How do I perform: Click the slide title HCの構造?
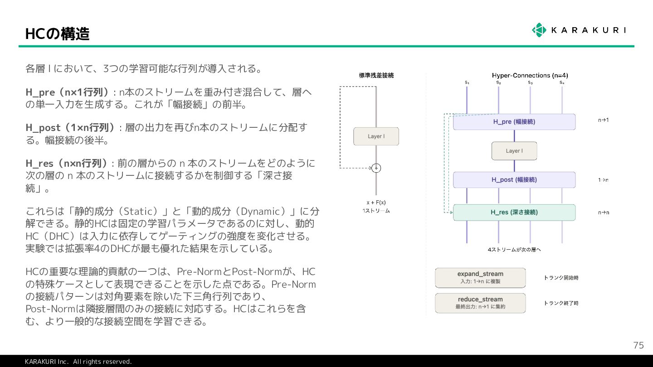pos(58,34)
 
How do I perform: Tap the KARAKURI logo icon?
pos(539,30)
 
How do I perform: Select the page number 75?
pos(638,345)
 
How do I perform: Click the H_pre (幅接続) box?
pos(514,122)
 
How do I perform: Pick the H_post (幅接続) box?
pos(514,180)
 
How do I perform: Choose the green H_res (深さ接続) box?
pos(514,212)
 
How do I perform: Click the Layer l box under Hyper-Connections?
pos(514,151)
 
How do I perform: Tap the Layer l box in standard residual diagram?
pos(376,136)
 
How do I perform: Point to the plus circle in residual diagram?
pos(376,168)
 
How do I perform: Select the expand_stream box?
pos(480,278)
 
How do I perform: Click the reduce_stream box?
pos(480,303)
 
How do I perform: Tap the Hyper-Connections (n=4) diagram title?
pos(530,75)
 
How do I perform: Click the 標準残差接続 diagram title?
pos(376,75)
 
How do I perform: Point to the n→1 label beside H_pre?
pos(603,120)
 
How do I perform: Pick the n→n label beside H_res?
pos(603,212)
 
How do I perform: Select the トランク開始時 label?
pos(561,278)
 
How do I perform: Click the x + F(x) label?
pos(376,203)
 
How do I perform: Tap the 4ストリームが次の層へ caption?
pos(514,250)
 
